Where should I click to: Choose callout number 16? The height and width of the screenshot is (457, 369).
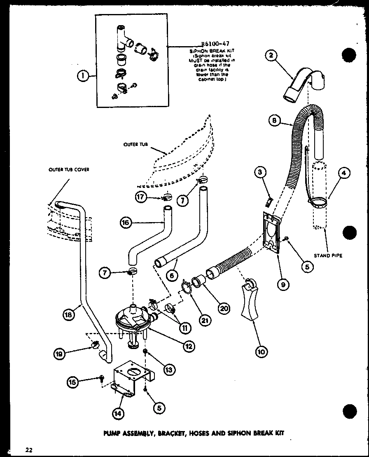(x=125, y=223)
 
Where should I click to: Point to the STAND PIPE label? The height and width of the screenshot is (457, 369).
(x=328, y=255)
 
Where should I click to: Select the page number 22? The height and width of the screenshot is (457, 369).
(x=28, y=450)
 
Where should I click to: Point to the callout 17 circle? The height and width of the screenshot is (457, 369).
(x=141, y=197)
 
